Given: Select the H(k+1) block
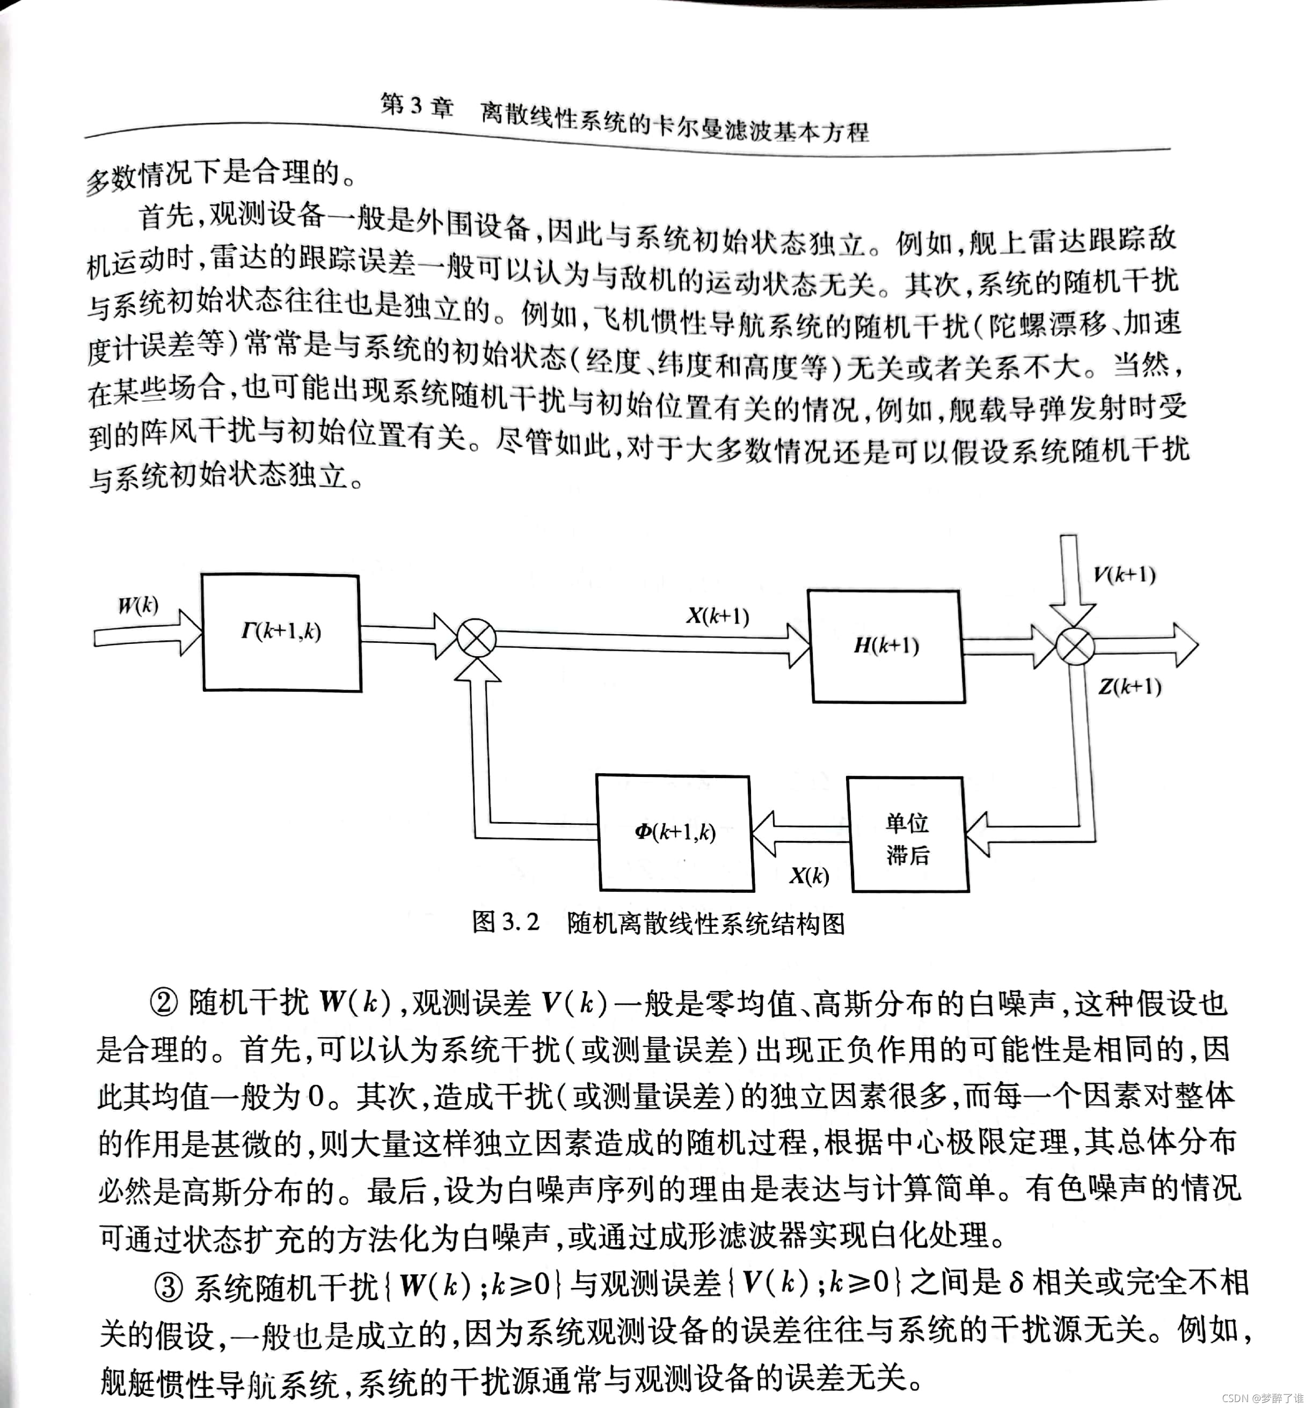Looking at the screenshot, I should pyautogui.click(x=886, y=646).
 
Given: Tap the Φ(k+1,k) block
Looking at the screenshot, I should pyautogui.click(x=674, y=832).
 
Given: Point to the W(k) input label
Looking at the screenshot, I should pyautogui.click(x=138, y=606).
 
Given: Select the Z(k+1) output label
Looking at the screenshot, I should pyautogui.click(x=1129, y=686).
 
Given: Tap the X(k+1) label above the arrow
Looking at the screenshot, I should pyautogui.click(x=717, y=616).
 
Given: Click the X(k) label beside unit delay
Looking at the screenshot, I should pyautogui.click(x=809, y=877).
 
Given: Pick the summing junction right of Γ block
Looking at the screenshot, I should pyautogui.click(x=477, y=638).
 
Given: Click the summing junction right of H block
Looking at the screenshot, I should pyautogui.click(x=1075, y=647).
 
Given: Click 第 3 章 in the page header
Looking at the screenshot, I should pyautogui.click(x=417, y=106).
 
